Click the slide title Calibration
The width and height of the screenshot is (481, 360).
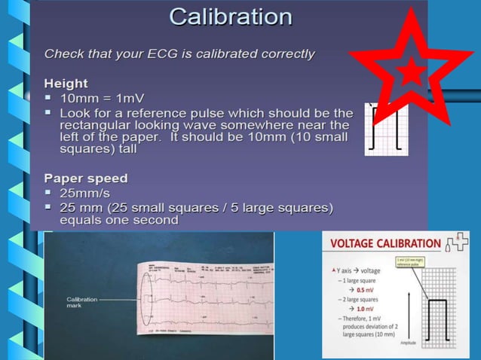(x=231, y=17)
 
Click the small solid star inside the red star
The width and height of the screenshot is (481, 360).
(x=409, y=73)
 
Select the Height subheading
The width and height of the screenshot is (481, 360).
(x=66, y=84)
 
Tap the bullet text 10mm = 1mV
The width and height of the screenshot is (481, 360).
(x=102, y=99)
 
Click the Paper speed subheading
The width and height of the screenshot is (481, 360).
(x=86, y=178)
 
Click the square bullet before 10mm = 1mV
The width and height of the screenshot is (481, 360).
(x=49, y=99)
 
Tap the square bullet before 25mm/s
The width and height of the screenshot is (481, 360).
(x=49, y=193)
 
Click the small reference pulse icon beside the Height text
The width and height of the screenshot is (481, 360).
(x=385, y=129)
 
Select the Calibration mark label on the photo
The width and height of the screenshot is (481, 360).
(x=82, y=303)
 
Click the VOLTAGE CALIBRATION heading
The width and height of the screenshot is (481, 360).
(x=386, y=243)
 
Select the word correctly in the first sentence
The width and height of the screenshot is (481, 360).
(x=287, y=53)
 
